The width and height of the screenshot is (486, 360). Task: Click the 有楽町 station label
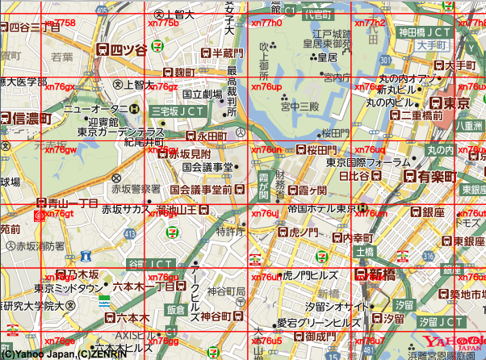434,176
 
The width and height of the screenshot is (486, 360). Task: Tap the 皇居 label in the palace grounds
327,57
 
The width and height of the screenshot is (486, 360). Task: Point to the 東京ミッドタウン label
69,287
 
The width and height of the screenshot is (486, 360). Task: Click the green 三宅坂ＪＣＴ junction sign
178,111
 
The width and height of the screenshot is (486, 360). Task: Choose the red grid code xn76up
266,86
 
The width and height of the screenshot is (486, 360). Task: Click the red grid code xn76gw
61,150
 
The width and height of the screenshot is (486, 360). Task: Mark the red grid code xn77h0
266,23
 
